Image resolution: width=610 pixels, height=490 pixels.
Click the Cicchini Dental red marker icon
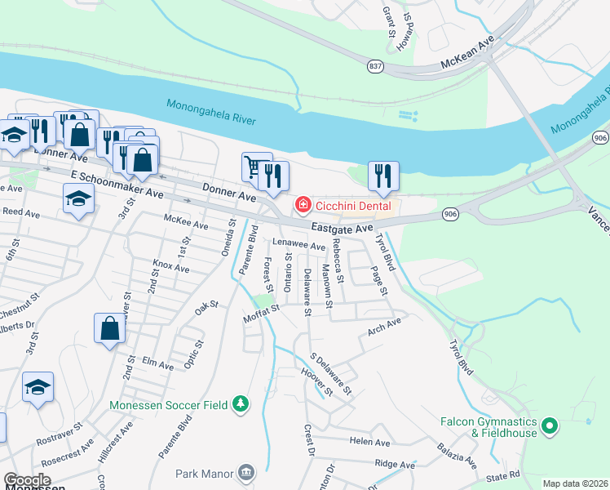[303, 204]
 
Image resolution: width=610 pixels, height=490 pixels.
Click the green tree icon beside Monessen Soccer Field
[241, 404]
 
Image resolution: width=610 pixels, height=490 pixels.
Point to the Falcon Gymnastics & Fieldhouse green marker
[549, 425]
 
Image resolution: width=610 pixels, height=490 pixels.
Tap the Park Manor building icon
[245, 473]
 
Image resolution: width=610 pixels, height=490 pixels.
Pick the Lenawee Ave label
[299, 245]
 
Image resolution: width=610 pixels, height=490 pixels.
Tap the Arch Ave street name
[384, 327]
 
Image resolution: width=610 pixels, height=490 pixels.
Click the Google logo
[28, 481]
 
